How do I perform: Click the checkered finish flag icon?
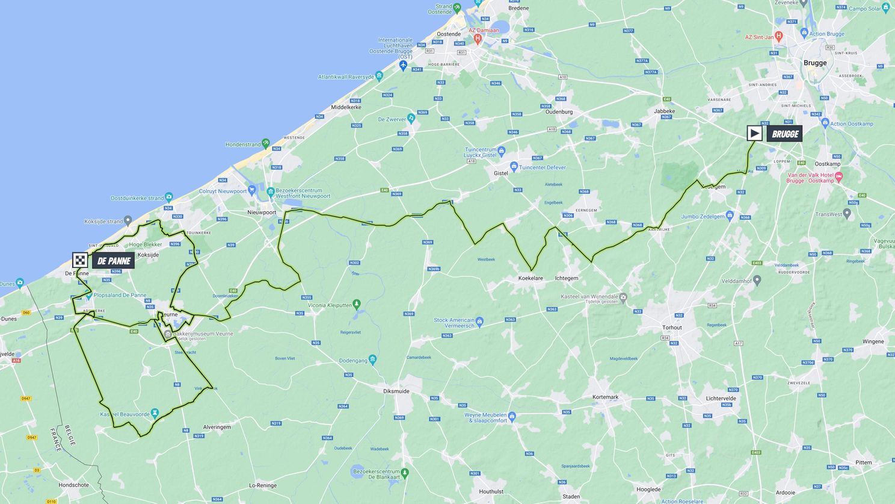[80, 260]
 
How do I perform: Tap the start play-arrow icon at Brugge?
[754, 133]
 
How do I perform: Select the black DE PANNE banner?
[113, 261]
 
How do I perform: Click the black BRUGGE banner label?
[784, 134]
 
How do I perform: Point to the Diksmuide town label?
[396, 391]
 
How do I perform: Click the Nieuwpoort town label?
[262, 213]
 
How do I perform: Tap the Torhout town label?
[672, 328]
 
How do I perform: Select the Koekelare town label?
[531, 278]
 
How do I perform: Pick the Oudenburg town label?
[559, 111]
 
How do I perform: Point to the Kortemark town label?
[605, 397]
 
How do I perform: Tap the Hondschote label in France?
[73, 485]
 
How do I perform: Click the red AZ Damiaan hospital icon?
[478, 39]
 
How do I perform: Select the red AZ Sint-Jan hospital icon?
[779, 36]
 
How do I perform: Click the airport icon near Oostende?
[403, 65]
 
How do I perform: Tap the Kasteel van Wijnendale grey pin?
[623, 296]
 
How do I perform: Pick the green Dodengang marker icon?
[373, 360]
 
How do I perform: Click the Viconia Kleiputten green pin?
[356, 304]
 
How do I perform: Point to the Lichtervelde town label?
[721, 399]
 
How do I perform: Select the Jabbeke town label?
[664, 111]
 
